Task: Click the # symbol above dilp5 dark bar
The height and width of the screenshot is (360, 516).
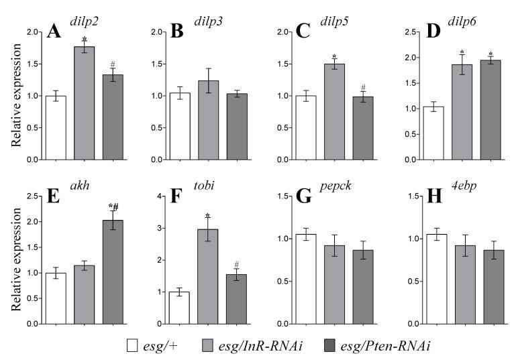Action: coord(362,87)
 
